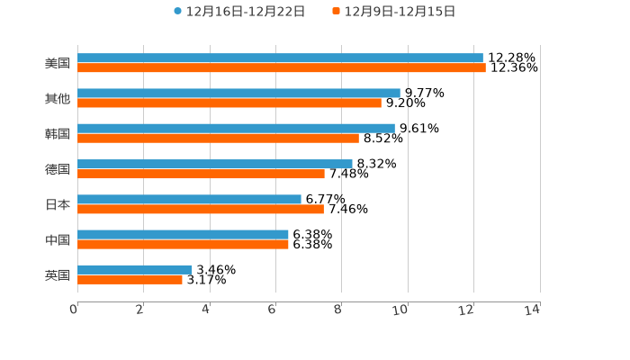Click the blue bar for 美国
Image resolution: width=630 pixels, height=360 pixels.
point(280,58)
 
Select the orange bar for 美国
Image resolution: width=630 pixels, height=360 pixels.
point(282,67)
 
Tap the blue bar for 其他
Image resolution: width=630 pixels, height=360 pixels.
point(238,93)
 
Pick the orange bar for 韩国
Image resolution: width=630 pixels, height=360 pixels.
point(218,138)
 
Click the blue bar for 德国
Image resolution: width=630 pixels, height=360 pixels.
point(215,164)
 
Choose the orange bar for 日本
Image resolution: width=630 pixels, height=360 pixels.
point(201,209)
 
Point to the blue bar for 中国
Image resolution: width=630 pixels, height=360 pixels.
point(183,234)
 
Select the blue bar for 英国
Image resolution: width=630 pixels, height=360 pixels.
point(135,269)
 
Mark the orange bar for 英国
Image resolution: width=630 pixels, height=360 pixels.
point(130,279)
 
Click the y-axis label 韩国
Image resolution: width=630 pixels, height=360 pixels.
point(58,133)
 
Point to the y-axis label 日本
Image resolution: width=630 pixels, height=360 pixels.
point(58,204)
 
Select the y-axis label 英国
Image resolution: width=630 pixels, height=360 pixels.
point(58,274)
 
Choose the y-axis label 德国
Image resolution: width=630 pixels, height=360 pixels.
point(58,169)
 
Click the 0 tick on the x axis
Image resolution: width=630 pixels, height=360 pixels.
point(74,310)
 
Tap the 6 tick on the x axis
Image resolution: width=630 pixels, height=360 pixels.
point(273,310)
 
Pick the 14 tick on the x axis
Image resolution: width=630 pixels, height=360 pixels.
point(533,310)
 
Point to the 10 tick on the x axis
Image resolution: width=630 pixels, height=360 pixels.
point(400,310)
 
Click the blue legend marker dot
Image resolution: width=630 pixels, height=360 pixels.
point(178,12)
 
